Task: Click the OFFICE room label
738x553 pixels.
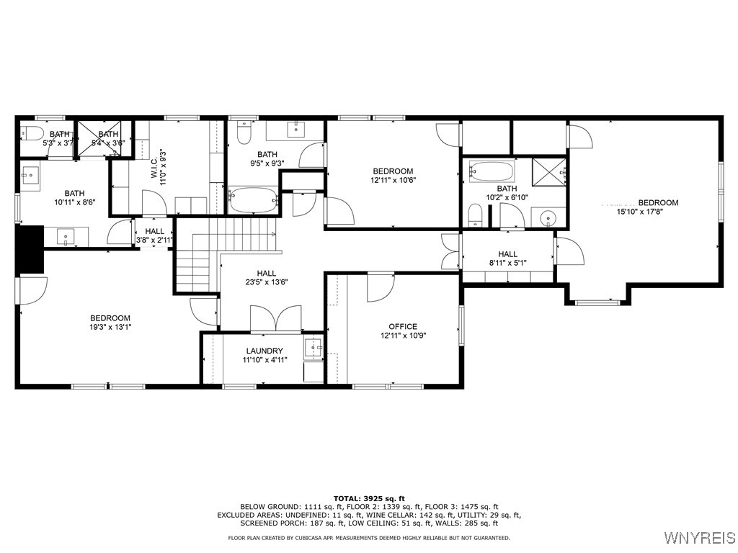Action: pos(403,326)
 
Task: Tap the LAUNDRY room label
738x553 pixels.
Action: pos(264,351)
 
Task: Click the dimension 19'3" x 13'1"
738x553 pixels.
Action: pos(110,327)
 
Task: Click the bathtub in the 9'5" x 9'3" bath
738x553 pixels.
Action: pos(253,199)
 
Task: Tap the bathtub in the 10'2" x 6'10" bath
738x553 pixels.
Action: pos(492,172)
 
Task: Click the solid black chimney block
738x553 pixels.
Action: pos(30,249)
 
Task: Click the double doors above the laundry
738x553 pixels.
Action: pos(275,319)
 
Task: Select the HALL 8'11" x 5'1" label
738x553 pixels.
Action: pos(507,254)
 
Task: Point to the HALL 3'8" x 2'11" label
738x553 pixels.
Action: pos(154,231)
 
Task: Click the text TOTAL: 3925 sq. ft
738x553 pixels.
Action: pos(369,498)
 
